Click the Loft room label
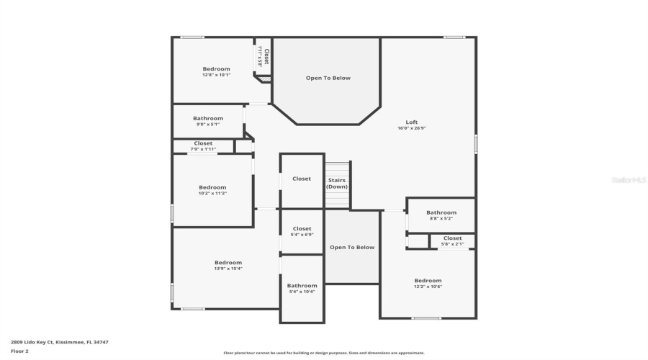tap(411, 122)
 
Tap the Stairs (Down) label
tap(337, 183)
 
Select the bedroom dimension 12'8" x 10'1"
tap(216, 75)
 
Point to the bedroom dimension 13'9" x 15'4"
tap(228, 269)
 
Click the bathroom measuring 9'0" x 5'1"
tap(208, 121)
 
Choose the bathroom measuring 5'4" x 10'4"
tap(302, 289)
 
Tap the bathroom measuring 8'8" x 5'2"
tap(441, 215)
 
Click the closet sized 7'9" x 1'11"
tap(203, 146)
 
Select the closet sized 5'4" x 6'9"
tap(302, 232)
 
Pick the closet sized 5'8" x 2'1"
tap(452, 241)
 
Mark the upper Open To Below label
tap(328, 78)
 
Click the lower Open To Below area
tap(352, 248)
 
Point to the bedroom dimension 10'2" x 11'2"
tap(212, 193)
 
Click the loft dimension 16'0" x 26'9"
tap(411, 128)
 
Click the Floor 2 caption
tap(19, 351)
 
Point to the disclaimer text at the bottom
tap(323, 353)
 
